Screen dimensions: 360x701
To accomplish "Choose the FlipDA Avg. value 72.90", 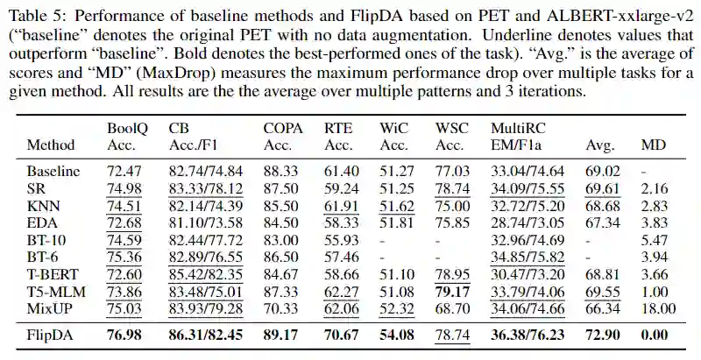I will pyautogui.click(x=604, y=335).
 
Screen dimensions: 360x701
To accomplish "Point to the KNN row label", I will pyautogui.click(x=43, y=206).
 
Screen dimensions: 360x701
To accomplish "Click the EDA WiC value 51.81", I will pyautogui.click(x=397, y=223).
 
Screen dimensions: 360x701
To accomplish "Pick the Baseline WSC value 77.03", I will pyautogui.click(x=453, y=173).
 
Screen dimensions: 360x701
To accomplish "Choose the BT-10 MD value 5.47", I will pyautogui.click(x=658, y=240).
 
